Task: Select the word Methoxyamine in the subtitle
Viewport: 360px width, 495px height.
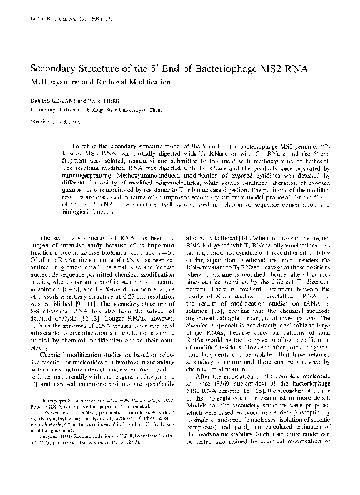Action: click(57, 83)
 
